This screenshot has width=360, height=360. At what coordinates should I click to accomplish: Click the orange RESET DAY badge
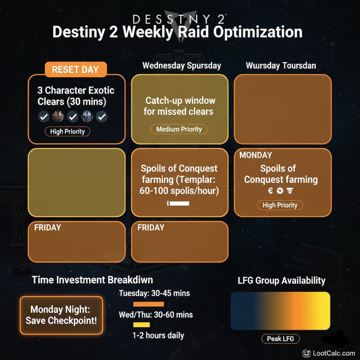pos(75,70)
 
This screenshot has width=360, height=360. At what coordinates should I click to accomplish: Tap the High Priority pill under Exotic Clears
pos(67,131)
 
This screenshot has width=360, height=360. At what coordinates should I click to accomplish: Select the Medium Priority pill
pos(179,129)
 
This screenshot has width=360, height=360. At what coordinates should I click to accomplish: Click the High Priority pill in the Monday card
pos(280,205)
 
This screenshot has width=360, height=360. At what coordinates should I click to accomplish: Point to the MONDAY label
pos(256,155)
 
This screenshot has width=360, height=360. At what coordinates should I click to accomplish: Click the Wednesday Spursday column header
pos(181,66)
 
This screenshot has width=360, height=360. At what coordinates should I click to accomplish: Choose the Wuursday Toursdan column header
pos(281,66)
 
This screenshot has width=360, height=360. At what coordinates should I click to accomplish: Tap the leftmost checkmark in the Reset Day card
pos(44,117)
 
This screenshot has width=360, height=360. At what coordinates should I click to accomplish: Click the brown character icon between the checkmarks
pos(58,116)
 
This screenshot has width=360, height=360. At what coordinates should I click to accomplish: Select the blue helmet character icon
pos(87,116)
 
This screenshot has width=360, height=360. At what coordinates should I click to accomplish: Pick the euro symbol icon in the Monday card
pos(270,191)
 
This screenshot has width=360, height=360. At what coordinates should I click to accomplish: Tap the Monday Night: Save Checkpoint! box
pos(61,315)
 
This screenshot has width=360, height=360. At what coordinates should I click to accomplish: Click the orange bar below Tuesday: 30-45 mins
pos(148,304)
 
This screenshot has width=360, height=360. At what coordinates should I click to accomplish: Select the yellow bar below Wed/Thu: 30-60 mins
pos(141,325)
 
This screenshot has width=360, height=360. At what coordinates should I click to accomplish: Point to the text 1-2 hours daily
pos(158,335)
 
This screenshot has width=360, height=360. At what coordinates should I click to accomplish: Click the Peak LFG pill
pos(280,339)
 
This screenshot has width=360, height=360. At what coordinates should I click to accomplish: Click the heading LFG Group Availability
pos(281,280)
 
